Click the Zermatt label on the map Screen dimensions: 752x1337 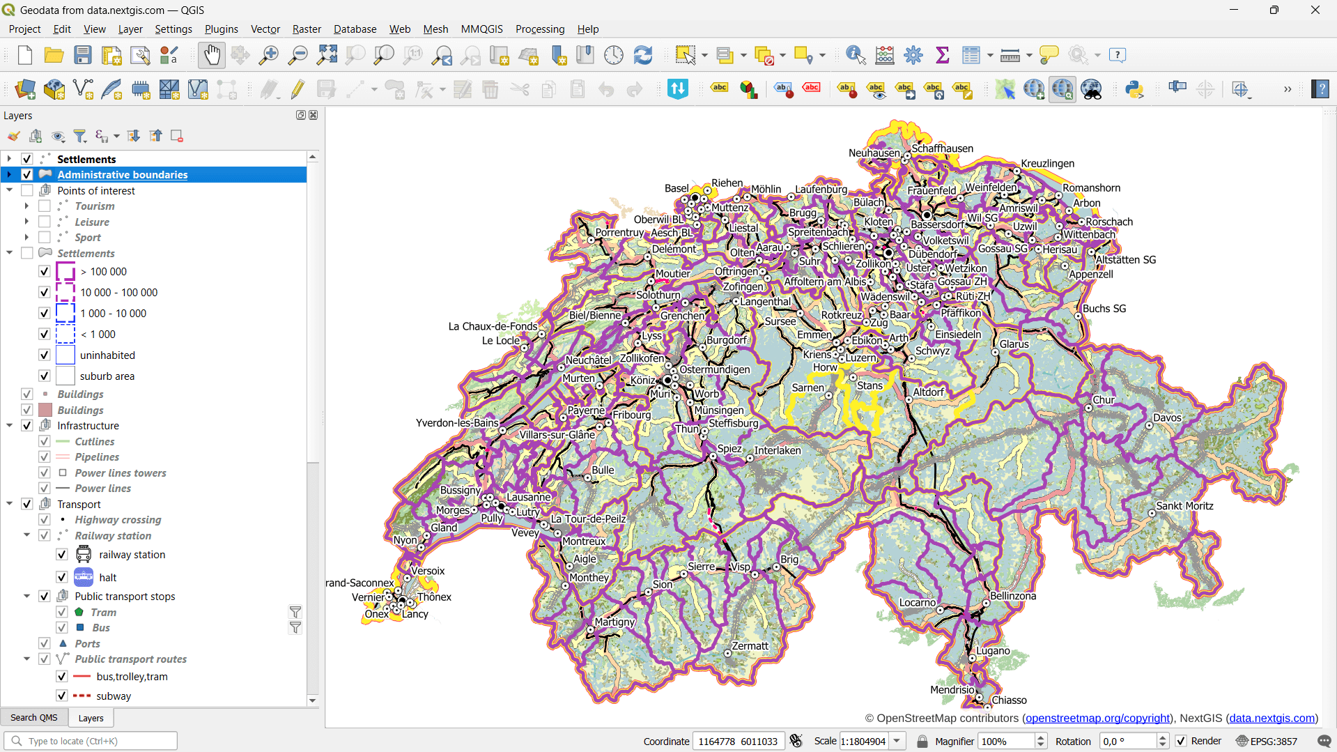tap(750, 646)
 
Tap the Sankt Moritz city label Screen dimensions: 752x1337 tap(1184, 506)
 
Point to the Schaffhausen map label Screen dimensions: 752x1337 tap(942, 148)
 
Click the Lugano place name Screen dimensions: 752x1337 tap(993, 651)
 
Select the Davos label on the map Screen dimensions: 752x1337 tap(1167, 417)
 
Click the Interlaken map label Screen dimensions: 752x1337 tap(777, 450)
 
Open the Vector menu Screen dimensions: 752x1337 tap(265, 29)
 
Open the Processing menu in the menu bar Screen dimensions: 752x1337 tap(539, 29)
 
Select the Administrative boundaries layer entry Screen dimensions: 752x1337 tap(123, 175)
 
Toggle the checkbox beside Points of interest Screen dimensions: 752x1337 tap(27, 190)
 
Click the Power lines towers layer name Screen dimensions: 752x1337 tap(121, 473)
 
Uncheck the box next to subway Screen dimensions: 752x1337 tap(61, 696)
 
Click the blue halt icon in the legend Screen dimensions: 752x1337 tap(84, 577)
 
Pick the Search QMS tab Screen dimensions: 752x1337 tap(34, 717)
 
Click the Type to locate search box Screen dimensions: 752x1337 tap(98, 741)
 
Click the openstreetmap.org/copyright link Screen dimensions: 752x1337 tap(1097, 718)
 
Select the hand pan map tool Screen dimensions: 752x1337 tap(211, 55)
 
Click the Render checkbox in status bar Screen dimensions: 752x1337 tap(1181, 741)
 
